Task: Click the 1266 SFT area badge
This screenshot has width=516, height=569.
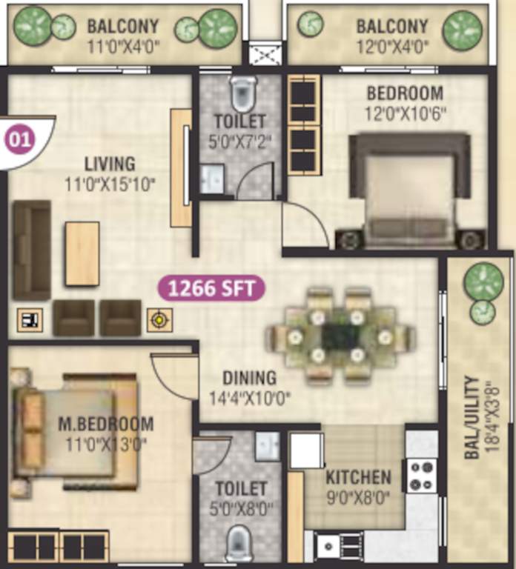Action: click(211, 288)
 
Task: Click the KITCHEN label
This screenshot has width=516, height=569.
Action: click(357, 476)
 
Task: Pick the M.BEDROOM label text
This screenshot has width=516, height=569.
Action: click(106, 425)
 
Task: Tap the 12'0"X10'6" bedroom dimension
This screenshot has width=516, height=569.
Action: click(405, 114)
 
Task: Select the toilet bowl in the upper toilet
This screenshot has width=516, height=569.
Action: click(242, 93)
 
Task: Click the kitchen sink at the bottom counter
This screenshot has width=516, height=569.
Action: click(328, 546)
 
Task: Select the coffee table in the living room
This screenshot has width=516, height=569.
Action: click(82, 254)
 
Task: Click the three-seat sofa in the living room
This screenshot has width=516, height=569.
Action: click(32, 250)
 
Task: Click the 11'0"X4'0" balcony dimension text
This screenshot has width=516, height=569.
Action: click(124, 44)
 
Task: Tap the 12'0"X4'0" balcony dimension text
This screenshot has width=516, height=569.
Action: click(391, 44)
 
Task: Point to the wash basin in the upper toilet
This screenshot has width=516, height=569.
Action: click(211, 179)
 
